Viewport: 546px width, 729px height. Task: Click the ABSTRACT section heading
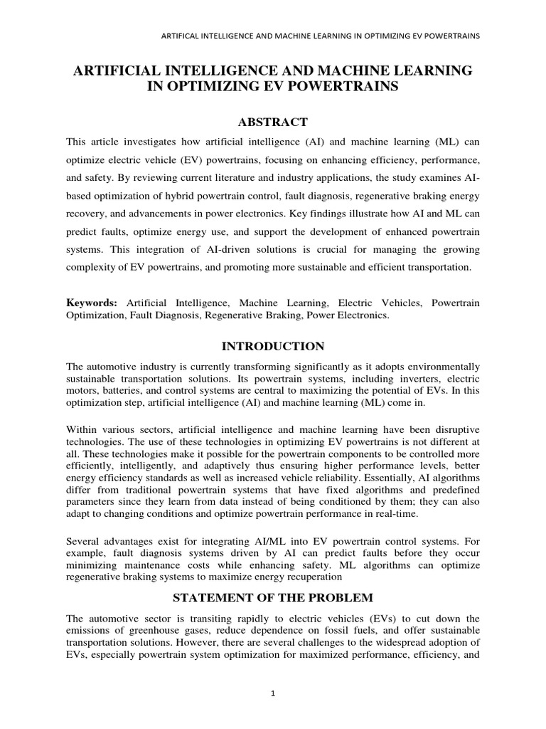pos(273,122)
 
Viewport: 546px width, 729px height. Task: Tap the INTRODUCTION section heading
pos(273,346)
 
